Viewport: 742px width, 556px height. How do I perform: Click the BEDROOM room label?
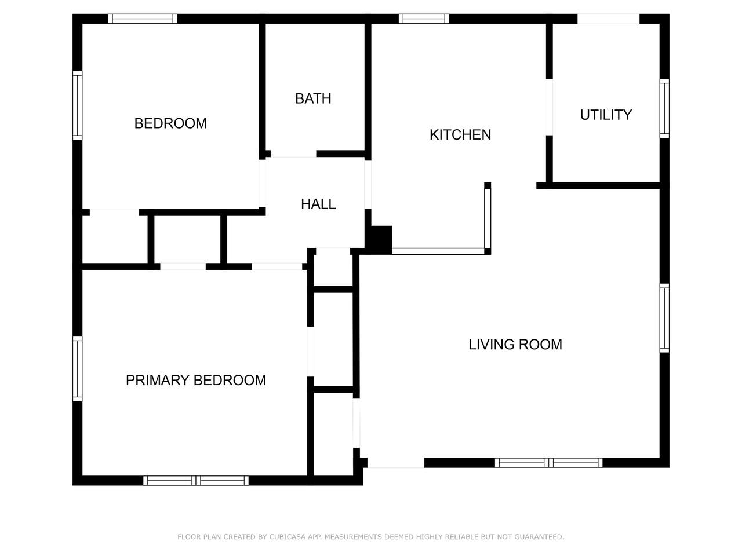pos(170,123)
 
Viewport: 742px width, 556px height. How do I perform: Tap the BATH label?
pos(313,99)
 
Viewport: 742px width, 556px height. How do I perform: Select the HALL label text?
pos(318,204)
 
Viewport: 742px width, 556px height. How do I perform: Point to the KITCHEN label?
pos(460,135)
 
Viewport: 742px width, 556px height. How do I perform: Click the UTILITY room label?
pos(606,115)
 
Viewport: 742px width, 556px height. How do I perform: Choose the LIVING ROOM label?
pos(515,345)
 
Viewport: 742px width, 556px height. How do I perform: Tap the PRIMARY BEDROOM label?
pos(196,381)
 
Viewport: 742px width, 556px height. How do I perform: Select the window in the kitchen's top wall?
pos(424,19)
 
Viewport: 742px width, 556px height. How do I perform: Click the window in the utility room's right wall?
pos(664,108)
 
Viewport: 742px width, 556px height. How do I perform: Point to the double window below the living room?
pos(548,463)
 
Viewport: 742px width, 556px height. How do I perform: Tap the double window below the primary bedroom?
pos(196,480)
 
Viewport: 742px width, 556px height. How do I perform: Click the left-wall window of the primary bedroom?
pos(78,369)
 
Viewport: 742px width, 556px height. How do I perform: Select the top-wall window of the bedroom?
pos(143,19)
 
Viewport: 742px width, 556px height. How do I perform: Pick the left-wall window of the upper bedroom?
pos(78,105)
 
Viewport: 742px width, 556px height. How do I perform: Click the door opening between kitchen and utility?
pos(550,107)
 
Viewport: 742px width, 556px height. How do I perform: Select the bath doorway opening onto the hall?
pos(293,154)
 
